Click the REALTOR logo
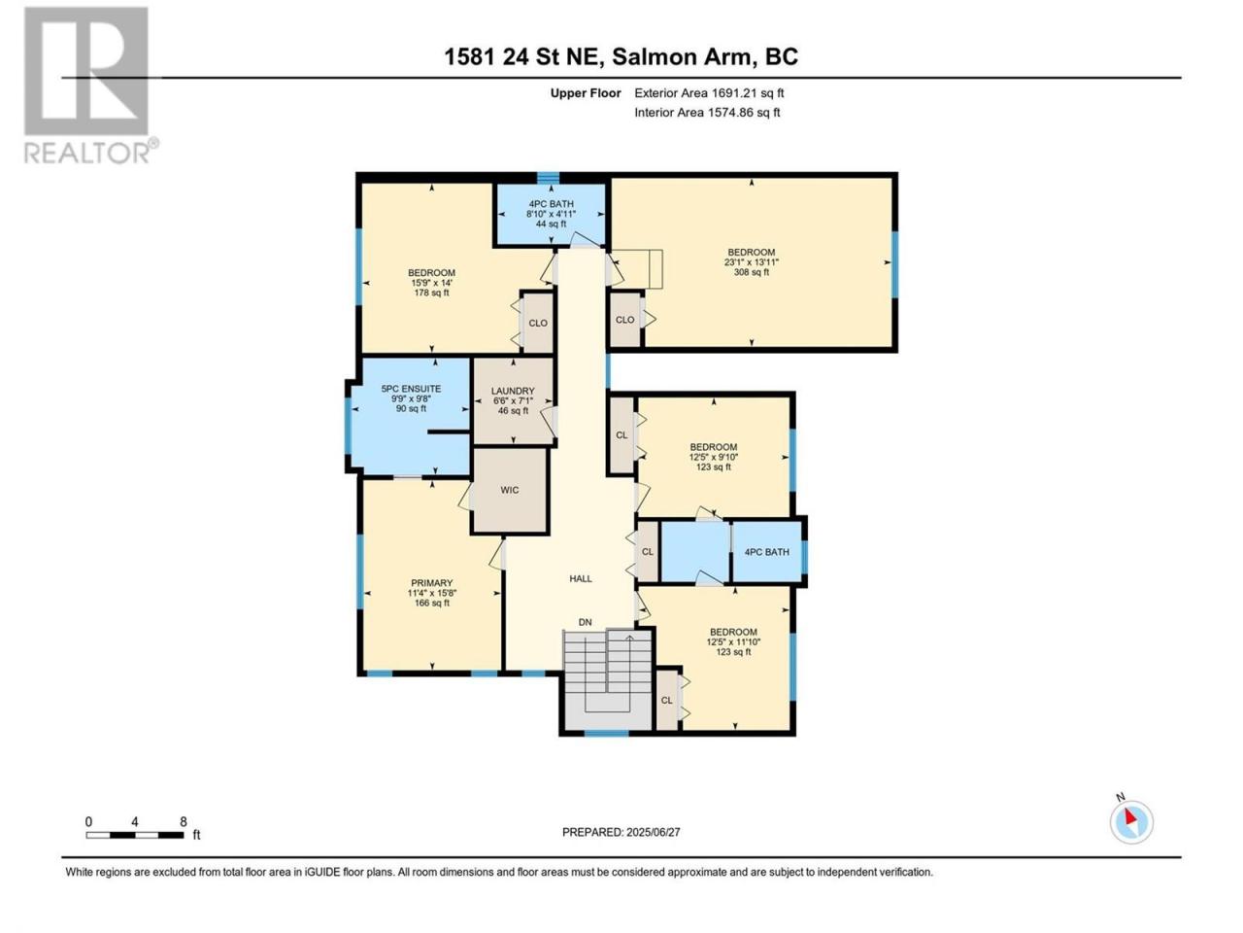[x=90, y=85]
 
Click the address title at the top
[x=621, y=56]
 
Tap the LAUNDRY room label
[x=513, y=391]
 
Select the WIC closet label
[x=509, y=490]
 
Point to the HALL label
[x=581, y=578]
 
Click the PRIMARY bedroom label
[x=431, y=583]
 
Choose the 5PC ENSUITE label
[x=411, y=389]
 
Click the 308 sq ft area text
[x=751, y=272]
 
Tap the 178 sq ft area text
[x=431, y=293]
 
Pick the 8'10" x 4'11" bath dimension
[x=551, y=214]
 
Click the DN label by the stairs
[x=585, y=622]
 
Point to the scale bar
[x=135, y=835]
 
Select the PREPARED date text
[x=621, y=832]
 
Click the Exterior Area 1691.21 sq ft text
[x=709, y=93]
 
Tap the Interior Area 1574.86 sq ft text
[x=707, y=112]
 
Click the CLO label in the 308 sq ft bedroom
[x=624, y=320]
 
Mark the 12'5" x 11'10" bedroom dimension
[x=733, y=641]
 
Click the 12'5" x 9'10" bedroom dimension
[x=714, y=457]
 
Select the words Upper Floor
[x=586, y=93]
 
